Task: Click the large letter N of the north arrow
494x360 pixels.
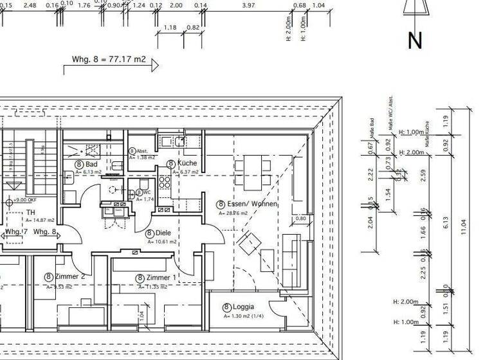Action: [x=415, y=40]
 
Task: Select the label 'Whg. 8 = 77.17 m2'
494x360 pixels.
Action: [x=109, y=60]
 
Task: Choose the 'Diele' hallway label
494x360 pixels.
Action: [x=161, y=233]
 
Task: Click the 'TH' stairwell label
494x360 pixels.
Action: [x=30, y=212]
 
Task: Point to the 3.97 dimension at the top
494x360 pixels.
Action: [x=248, y=5]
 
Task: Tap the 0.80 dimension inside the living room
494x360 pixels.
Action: [x=300, y=219]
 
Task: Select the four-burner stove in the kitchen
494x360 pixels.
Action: [x=164, y=183]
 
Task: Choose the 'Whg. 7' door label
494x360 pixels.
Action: [x=16, y=231]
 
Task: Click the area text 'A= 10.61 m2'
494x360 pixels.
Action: [x=161, y=242]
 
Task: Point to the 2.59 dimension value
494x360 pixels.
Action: [x=423, y=176]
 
